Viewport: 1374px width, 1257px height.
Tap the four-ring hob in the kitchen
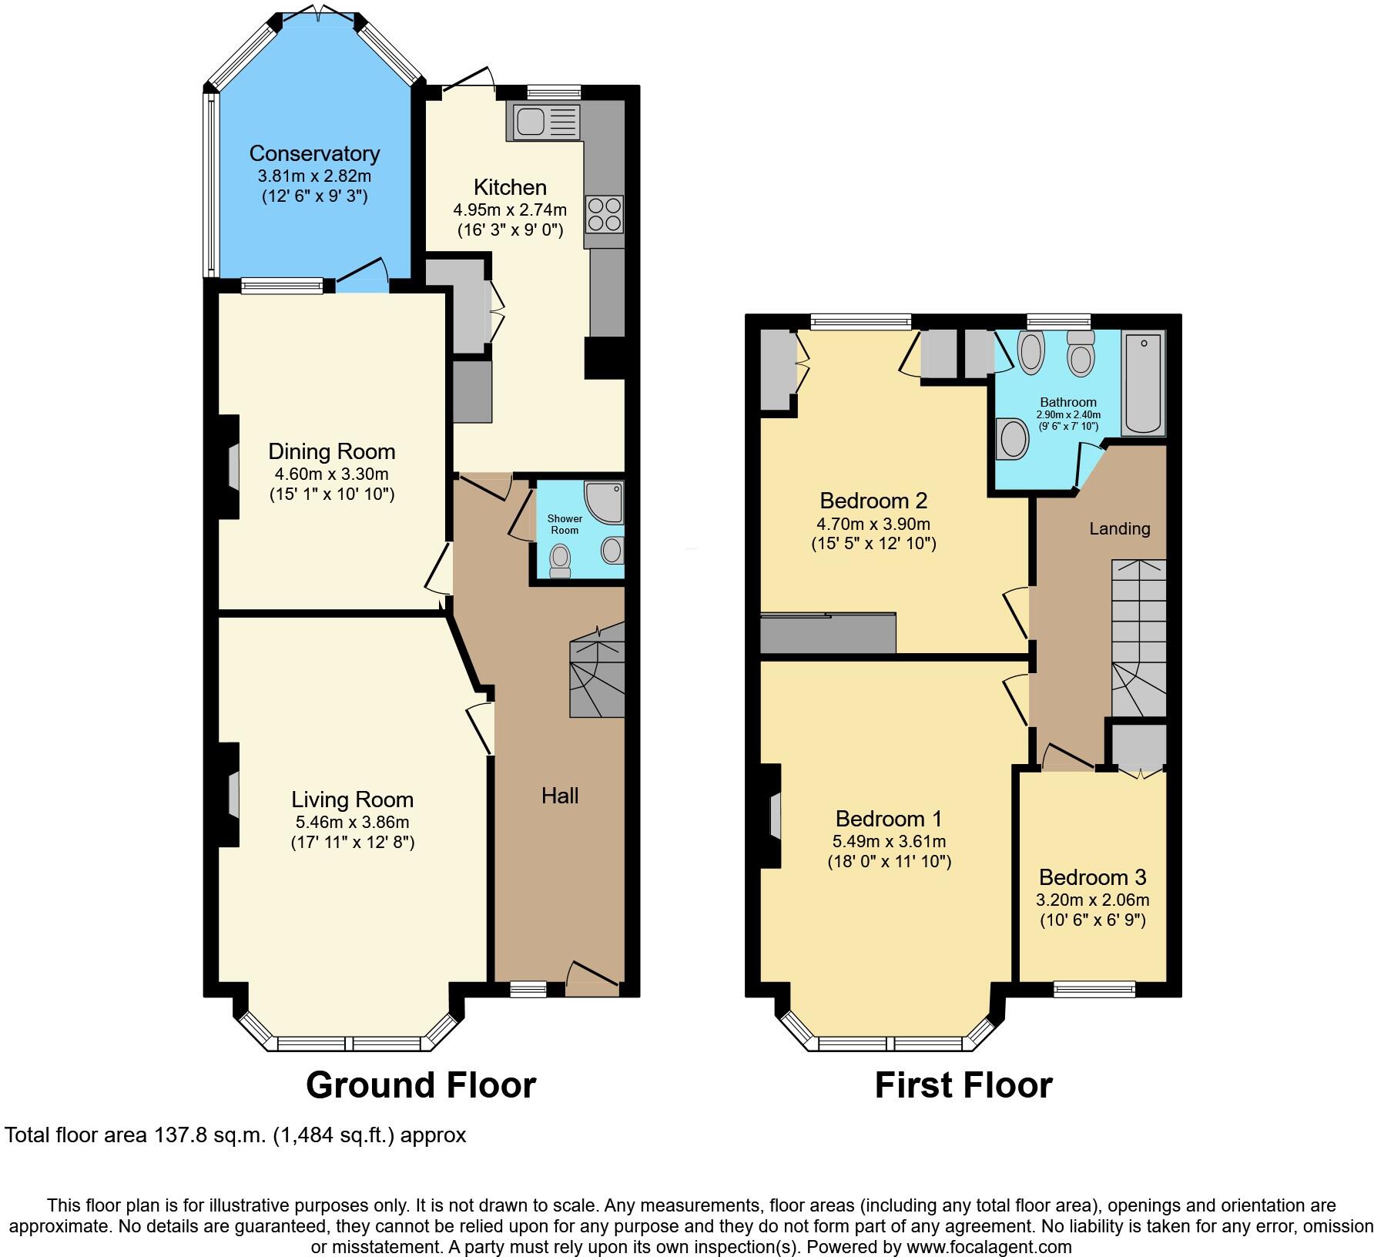604,213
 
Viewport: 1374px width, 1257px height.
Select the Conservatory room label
314,153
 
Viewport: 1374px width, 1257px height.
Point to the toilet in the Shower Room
561,561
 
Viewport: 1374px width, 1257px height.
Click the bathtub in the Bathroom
1144,383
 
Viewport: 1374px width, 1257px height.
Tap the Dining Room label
331,451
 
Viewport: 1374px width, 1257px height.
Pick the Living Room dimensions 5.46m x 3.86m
352,822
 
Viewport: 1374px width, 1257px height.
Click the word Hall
560,796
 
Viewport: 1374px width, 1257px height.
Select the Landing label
1119,528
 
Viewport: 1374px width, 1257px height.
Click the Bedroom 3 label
1092,877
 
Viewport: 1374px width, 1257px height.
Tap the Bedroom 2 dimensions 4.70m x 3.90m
873,524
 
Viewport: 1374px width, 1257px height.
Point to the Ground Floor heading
421,1084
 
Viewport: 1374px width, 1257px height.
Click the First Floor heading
963,1084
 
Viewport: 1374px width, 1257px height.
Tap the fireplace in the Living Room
232,793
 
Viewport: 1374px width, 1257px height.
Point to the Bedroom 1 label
889,818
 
